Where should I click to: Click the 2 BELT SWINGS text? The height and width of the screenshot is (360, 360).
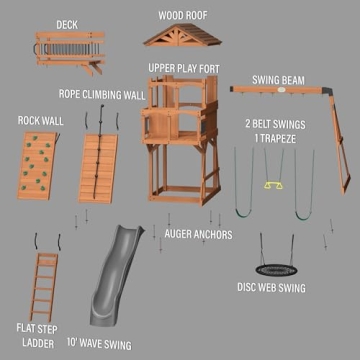(279, 124)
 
